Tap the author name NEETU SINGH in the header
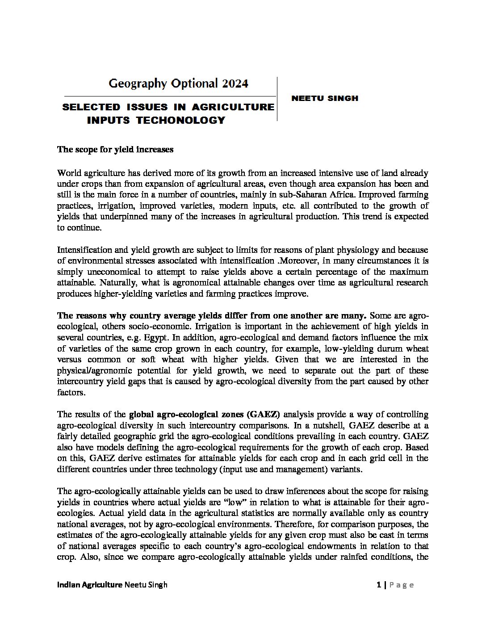[325, 98]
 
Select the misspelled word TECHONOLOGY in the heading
[180, 120]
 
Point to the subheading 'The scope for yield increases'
[115, 150]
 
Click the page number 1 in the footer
[378, 585]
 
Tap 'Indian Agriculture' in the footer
[90, 585]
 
